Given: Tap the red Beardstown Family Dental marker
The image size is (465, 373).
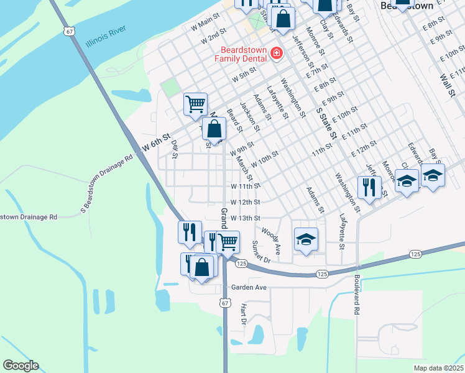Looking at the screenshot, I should click(275, 55).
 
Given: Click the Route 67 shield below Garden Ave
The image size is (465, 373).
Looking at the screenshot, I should click(224, 302).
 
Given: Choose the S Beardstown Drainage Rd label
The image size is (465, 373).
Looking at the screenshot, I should click(108, 183).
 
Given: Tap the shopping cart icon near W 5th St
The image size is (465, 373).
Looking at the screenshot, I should click(195, 103).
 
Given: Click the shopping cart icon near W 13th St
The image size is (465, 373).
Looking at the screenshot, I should click(228, 242).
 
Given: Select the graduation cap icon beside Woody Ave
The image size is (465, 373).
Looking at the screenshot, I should click(306, 239).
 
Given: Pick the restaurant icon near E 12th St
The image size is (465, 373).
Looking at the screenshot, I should click(370, 187).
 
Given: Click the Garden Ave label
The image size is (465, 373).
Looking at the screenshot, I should click(249, 288).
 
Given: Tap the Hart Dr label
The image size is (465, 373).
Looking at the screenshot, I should click(244, 315).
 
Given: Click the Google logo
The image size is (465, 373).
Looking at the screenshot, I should click(21, 365).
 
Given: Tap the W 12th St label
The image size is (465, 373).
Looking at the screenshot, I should click(244, 202).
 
